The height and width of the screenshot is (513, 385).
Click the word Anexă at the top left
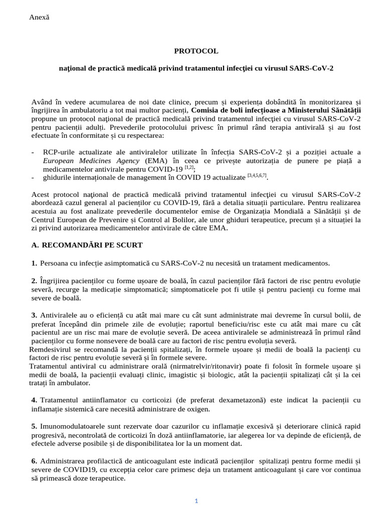click(40, 17)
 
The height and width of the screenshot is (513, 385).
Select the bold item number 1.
click(34, 263)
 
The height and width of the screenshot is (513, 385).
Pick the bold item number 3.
click(34, 315)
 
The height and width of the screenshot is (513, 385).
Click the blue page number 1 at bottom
click(197, 500)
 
